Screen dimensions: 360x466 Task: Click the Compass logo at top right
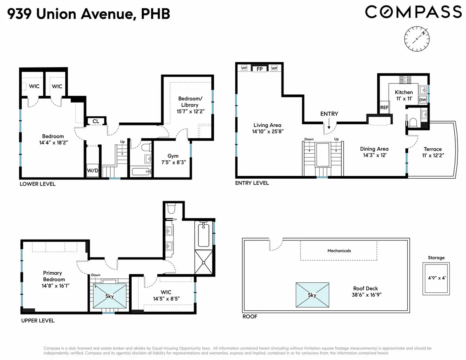tap(413, 12)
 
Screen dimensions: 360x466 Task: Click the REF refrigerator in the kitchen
tap(384, 107)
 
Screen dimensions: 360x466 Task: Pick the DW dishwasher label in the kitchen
tap(423, 99)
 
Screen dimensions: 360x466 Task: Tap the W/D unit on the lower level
tap(92, 170)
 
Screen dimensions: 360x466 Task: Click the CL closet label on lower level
tap(96, 122)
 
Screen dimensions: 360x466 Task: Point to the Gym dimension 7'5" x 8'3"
tap(173, 162)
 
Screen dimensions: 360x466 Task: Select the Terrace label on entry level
tap(433, 149)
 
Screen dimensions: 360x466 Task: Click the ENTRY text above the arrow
tap(329, 114)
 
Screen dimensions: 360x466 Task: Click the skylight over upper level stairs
tap(110, 296)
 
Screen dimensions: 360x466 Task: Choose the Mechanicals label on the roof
tap(339, 250)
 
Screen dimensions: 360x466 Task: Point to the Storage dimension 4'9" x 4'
tap(436, 278)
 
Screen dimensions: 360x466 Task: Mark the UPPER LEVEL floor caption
tap(37, 321)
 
